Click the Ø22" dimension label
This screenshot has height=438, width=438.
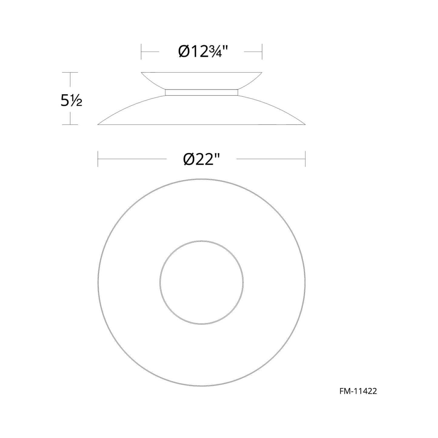coord(201,159)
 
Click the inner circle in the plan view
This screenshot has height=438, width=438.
coord(201,283)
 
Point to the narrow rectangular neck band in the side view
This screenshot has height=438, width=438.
coord(201,92)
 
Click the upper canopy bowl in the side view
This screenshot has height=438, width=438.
coord(201,80)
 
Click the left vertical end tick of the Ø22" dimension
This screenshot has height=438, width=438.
coord(98,159)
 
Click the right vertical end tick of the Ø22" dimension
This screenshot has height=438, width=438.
coord(305,159)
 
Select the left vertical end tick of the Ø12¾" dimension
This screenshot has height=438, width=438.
coord(141,52)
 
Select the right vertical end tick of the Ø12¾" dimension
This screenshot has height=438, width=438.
coord(262,52)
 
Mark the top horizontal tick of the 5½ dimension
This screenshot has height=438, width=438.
coord(70,73)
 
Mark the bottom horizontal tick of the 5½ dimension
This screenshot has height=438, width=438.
coord(70,125)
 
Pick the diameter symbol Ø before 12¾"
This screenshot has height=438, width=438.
coord(184,52)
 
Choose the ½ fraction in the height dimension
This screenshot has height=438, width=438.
coord(77,102)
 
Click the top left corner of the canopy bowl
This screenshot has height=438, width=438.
coord(142,73)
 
